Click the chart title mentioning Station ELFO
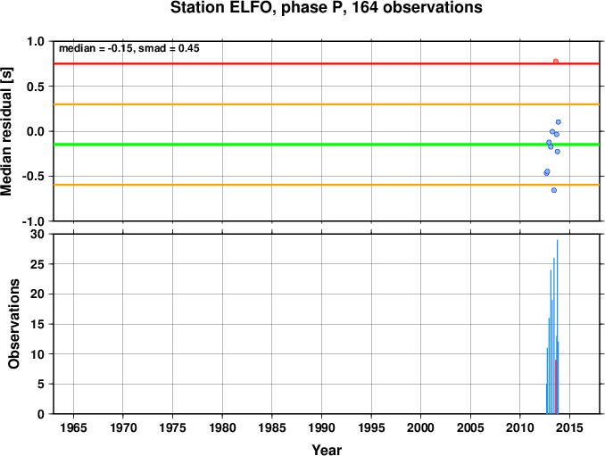(x=326, y=7)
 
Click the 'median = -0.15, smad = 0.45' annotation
(x=128, y=48)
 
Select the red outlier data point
(x=556, y=62)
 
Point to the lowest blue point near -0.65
(x=554, y=190)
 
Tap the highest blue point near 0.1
(x=558, y=122)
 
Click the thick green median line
(x=327, y=145)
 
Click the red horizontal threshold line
(x=327, y=63)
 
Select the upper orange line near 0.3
(x=327, y=104)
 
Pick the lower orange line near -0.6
(x=327, y=186)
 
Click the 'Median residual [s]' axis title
(x=6, y=131)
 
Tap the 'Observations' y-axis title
(x=13, y=324)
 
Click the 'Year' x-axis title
(x=327, y=450)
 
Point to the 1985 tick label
(x=272, y=427)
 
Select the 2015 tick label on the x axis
(x=569, y=427)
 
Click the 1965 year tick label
(x=73, y=427)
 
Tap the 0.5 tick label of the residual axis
(x=36, y=87)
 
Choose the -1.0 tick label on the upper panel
(x=33, y=222)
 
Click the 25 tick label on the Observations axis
(x=37, y=264)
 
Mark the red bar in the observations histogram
(x=556, y=387)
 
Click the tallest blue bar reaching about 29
(x=557, y=327)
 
